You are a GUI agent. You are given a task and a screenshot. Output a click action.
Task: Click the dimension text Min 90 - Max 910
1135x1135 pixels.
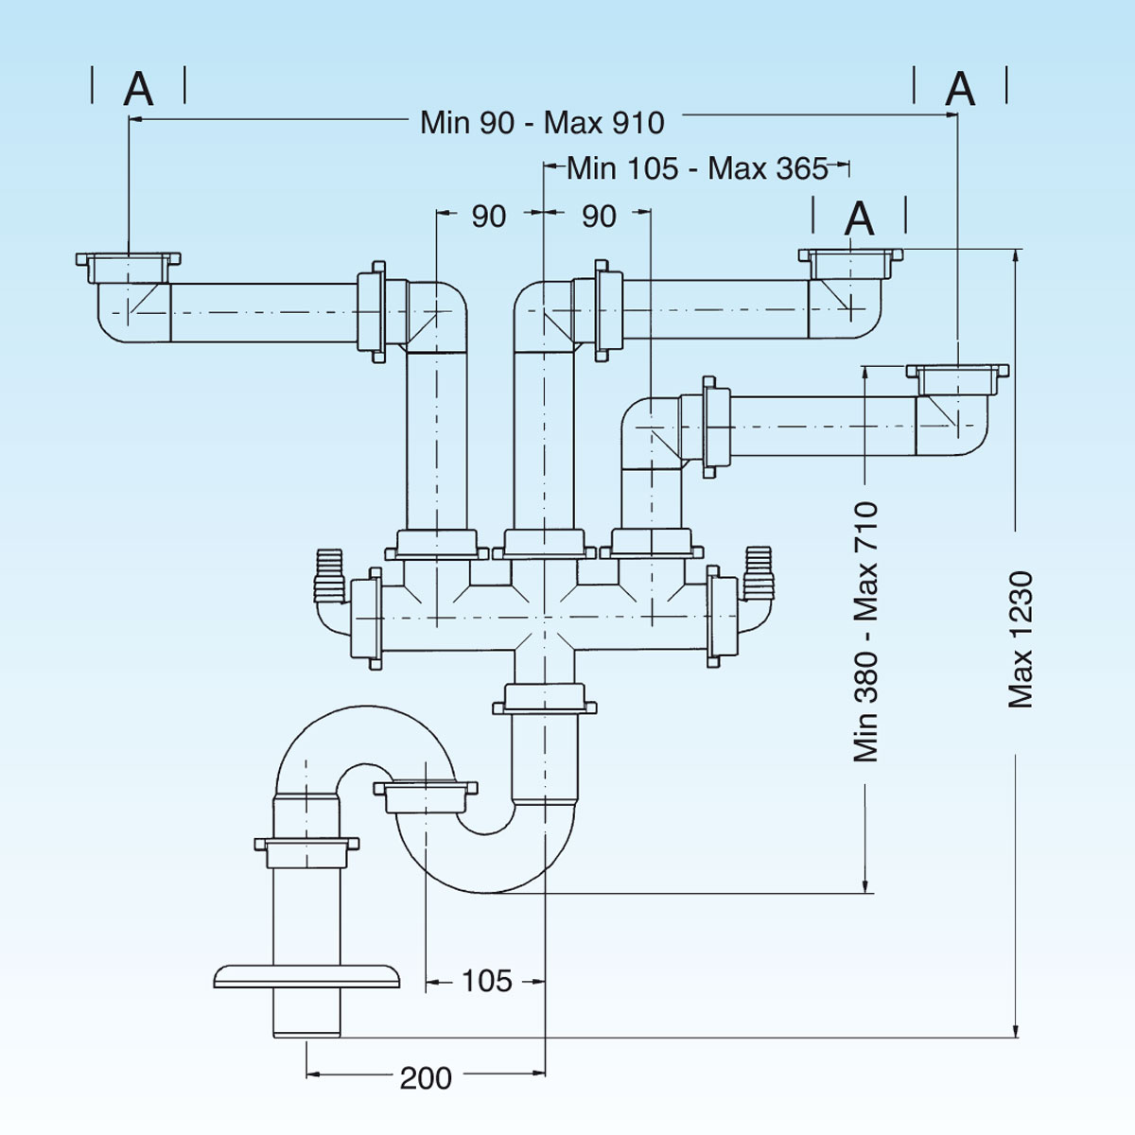click(542, 123)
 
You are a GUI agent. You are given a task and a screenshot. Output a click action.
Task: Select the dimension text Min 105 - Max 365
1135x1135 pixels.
click(697, 169)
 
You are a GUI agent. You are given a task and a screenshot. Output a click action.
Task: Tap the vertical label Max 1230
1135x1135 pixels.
click(1021, 640)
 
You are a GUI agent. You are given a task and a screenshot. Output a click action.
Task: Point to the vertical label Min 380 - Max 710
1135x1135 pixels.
click(866, 632)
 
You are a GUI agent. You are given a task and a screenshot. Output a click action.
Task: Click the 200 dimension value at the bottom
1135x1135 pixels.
click(426, 1077)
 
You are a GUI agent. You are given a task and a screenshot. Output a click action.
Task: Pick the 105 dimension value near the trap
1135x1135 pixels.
click(487, 982)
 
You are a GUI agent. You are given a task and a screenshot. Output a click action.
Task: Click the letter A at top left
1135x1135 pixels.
click(138, 90)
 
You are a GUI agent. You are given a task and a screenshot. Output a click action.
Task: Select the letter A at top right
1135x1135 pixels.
click(960, 90)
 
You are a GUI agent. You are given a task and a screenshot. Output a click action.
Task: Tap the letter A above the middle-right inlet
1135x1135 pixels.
click(859, 219)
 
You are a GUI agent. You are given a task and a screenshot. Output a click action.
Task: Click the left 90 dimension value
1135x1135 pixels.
click(489, 217)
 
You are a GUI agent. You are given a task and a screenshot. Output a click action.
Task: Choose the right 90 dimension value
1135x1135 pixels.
click(599, 217)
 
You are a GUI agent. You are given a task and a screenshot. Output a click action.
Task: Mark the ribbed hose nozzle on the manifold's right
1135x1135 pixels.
click(759, 571)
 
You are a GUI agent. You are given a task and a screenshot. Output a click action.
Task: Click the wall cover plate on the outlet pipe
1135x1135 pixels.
click(306, 976)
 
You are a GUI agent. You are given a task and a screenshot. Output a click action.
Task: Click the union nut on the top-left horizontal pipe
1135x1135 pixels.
click(371, 312)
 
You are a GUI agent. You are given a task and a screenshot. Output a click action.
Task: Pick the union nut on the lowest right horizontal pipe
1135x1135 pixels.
click(714, 423)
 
